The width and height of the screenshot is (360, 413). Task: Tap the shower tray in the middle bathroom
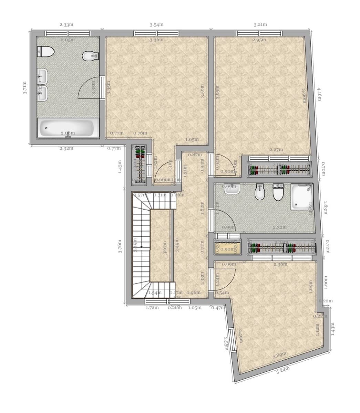[302, 197]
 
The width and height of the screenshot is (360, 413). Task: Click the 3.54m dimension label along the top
[156, 25]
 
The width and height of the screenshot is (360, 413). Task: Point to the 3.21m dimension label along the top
[260, 25]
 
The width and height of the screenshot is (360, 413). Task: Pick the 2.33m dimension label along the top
[66, 25]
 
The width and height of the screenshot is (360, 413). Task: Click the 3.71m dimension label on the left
[25, 88]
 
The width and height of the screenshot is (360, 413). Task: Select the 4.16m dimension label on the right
[319, 94]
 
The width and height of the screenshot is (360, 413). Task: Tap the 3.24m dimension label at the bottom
[283, 371]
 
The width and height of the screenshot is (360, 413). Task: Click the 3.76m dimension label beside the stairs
[120, 246]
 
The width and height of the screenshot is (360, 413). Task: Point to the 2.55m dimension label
[227, 343]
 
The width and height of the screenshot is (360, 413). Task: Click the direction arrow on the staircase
[142, 247]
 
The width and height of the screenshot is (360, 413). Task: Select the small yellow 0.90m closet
[227, 248]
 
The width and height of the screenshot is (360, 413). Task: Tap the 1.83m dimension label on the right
[325, 208]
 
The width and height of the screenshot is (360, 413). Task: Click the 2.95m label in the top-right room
[259, 40]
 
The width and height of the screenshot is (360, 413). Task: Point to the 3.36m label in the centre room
[156, 40]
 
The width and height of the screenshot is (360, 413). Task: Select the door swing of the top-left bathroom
[90, 88]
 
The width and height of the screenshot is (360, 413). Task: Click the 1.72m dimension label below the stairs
[152, 308]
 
